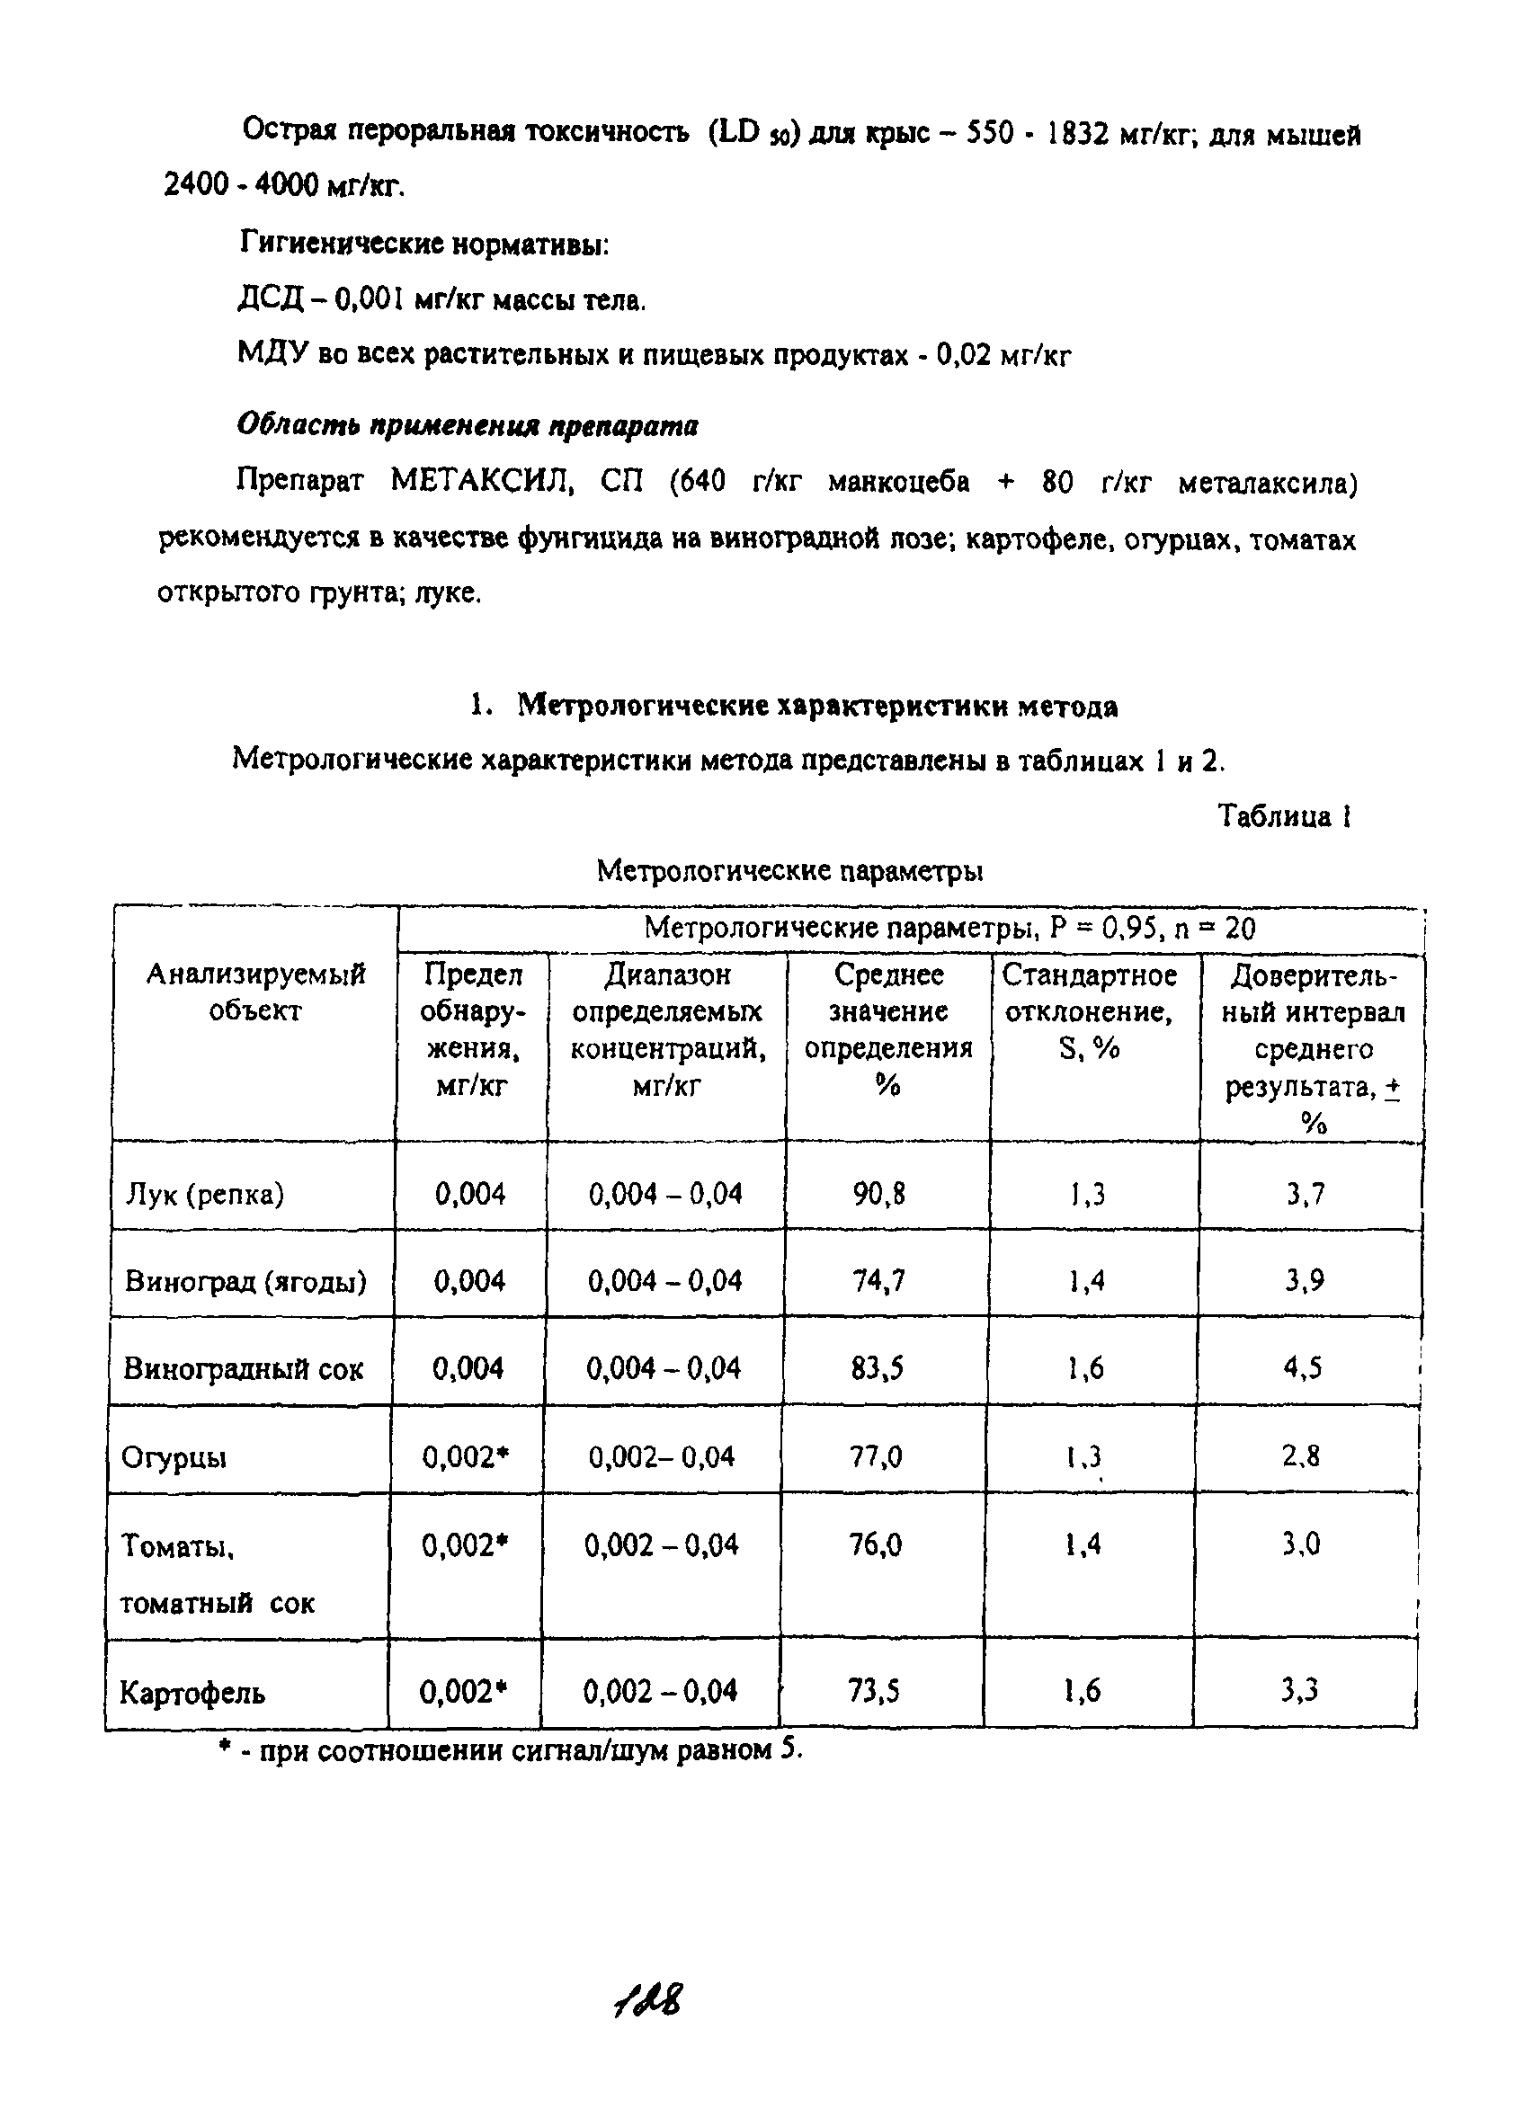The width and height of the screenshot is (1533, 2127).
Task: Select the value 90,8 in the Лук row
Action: click(878, 1194)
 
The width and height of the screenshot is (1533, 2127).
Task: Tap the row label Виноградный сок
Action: click(243, 1369)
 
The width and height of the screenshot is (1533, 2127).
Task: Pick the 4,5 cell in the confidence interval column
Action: click(1303, 1368)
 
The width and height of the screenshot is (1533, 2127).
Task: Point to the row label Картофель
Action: click(192, 1693)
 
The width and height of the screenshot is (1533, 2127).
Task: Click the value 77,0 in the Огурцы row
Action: click(877, 1456)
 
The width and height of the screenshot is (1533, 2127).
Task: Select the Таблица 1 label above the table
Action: click(1283, 817)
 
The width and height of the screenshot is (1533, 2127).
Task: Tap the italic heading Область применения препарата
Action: click(467, 425)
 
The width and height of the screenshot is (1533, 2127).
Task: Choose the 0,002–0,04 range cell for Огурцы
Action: click(662, 1456)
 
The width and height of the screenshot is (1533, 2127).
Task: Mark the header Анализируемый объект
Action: click(255, 992)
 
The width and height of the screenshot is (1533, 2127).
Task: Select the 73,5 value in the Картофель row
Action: click(873, 1691)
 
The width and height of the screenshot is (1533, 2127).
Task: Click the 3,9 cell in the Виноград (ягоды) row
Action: click(1304, 1281)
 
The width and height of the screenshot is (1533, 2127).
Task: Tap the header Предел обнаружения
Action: click(472, 1029)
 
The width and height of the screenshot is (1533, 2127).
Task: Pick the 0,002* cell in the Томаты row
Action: click(465, 1544)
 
